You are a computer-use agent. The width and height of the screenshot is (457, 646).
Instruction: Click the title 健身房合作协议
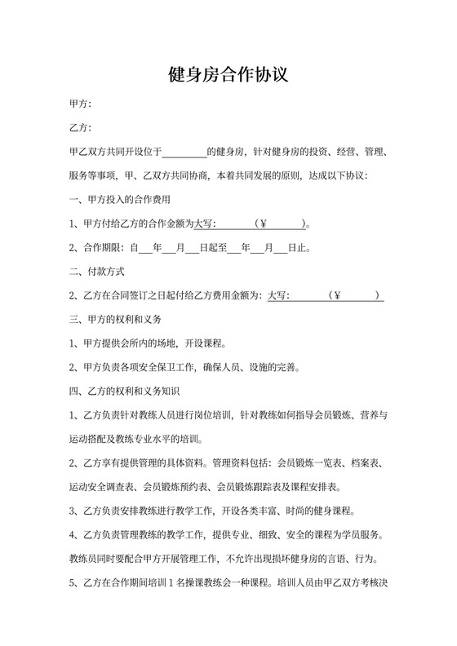pyautogui.click(x=228, y=76)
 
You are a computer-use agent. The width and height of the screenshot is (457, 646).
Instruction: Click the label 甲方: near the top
pyautogui.click(x=81, y=104)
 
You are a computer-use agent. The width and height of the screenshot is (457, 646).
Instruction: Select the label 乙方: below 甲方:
pyautogui.click(x=81, y=128)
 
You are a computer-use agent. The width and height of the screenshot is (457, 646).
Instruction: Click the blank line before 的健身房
pyautogui.click(x=186, y=152)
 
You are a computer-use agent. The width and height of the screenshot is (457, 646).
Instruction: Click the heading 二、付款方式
pyautogui.click(x=97, y=271)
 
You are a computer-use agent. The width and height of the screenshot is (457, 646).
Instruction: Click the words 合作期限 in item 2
pyautogui.click(x=104, y=247)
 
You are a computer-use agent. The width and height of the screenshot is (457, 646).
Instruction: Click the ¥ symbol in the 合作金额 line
pyautogui.click(x=261, y=223)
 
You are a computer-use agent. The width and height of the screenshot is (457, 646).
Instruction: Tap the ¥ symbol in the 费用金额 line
pyautogui.click(x=336, y=295)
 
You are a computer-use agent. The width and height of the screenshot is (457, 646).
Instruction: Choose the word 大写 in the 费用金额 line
pyautogui.click(x=278, y=295)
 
